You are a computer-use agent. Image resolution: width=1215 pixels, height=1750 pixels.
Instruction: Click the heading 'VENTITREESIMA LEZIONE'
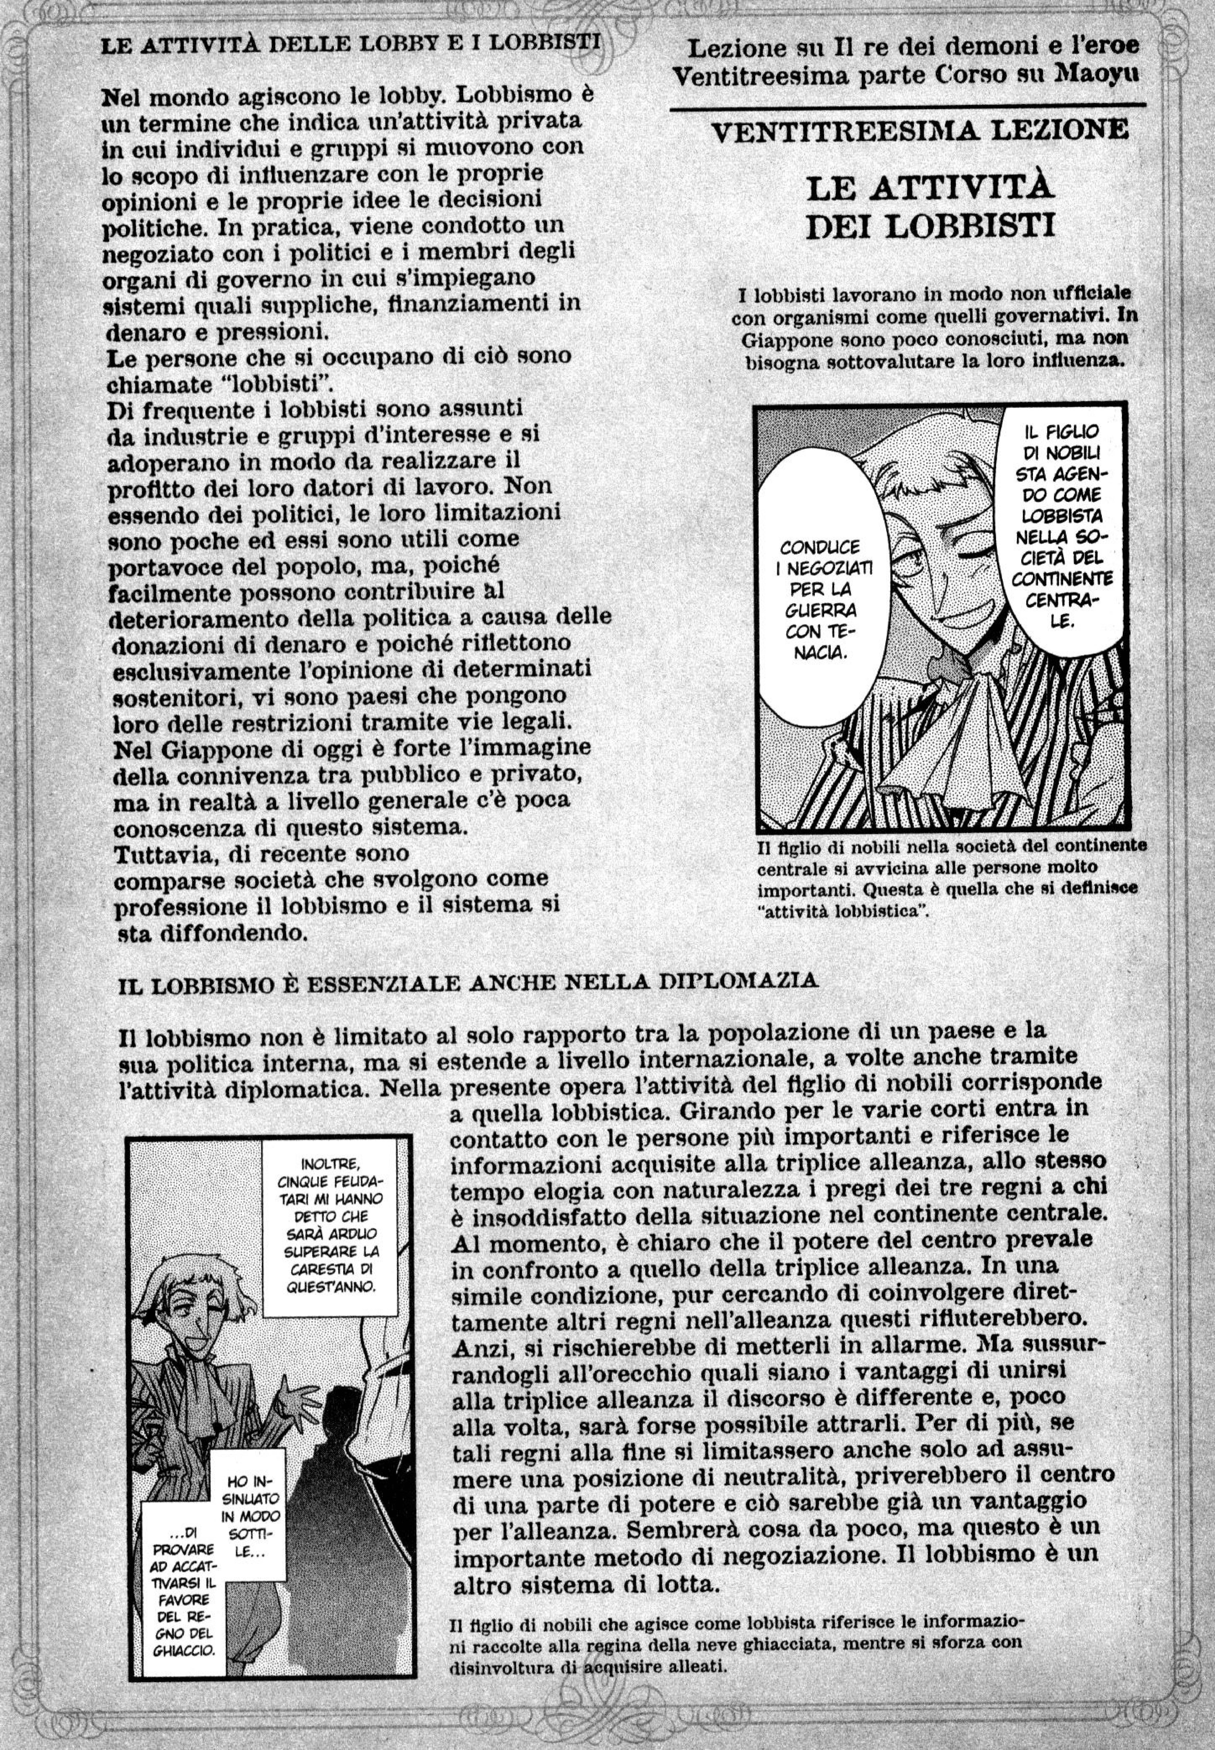pyautogui.click(x=919, y=130)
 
